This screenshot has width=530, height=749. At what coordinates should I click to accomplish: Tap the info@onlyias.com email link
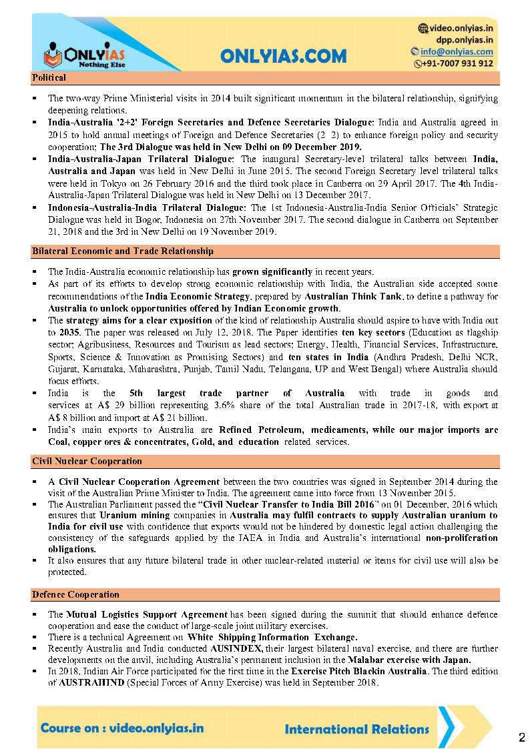457,51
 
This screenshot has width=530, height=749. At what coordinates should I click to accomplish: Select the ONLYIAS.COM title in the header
284,56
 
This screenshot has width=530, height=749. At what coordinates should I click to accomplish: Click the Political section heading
49,78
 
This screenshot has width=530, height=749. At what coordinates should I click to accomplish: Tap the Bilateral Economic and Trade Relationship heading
123,251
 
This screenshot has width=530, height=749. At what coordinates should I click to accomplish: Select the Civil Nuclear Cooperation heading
87,461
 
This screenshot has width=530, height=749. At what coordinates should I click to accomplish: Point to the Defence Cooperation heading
75,594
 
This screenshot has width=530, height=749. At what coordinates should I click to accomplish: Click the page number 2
521,737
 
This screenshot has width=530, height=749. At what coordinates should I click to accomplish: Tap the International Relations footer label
356,729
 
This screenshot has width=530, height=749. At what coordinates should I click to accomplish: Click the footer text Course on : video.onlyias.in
122,728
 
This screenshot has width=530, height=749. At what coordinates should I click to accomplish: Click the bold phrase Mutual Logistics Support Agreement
147,614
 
